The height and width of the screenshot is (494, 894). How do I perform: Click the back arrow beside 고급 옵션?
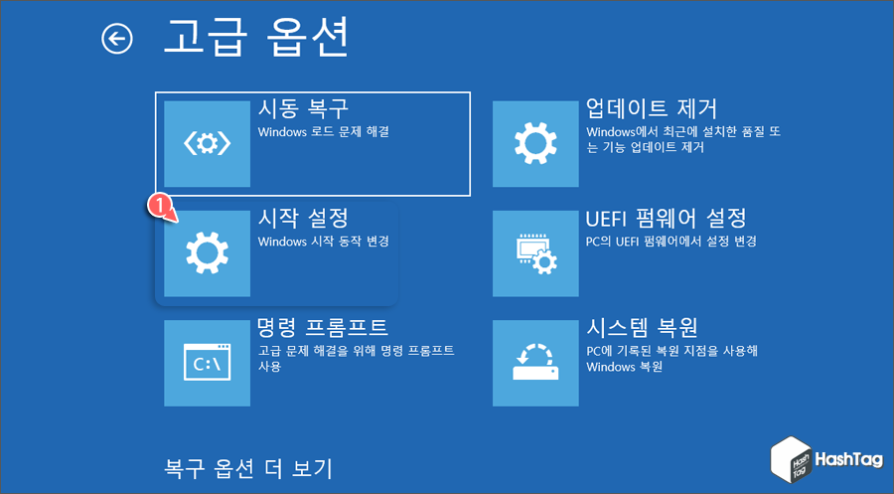(117, 39)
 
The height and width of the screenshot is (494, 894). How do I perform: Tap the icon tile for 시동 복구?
(207, 144)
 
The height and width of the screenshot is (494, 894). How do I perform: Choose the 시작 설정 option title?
(303, 218)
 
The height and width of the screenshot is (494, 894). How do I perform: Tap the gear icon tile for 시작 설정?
(207, 252)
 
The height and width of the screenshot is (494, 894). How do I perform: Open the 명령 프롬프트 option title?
(322, 327)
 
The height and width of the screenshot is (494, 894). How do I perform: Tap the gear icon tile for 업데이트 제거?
(535, 144)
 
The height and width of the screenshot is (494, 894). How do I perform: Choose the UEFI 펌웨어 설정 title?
(667, 218)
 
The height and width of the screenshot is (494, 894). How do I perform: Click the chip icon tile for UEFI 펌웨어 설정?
(535, 252)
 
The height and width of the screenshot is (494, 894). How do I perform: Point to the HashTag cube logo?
(791, 460)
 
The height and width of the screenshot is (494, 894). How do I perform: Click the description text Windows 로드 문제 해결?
(323, 131)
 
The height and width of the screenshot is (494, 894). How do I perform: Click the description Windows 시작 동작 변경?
(323, 241)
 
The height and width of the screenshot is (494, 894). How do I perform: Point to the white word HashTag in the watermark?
(848, 460)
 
